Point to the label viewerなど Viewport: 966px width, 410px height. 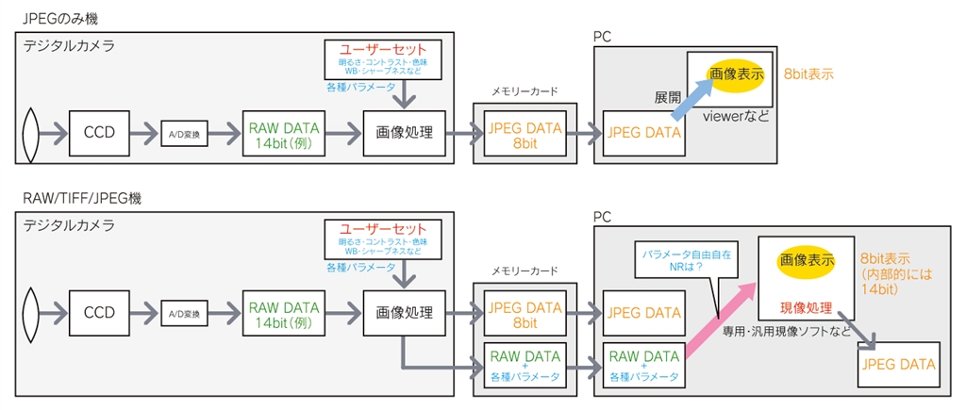pos(737,117)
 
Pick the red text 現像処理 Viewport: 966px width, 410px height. pos(806,308)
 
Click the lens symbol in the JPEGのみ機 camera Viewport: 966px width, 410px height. pos(31,133)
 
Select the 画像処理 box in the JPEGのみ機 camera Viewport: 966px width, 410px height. pos(404,132)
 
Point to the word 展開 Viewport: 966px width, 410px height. pos(668,97)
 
